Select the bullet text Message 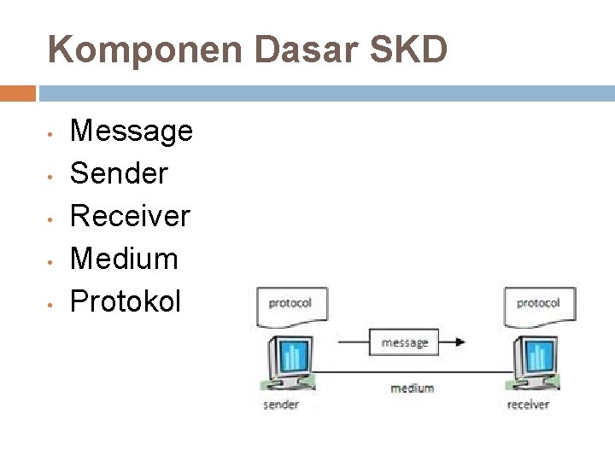click(x=131, y=131)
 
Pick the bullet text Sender click(x=119, y=173)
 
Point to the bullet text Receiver click(x=129, y=215)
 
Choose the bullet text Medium click(x=124, y=258)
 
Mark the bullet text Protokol click(x=125, y=301)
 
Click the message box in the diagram click(x=405, y=342)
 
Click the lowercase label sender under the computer click(x=281, y=405)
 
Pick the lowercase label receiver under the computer click(x=528, y=405)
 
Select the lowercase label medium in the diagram click(x=412, y=388)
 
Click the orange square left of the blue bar click(x=18, y=93)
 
